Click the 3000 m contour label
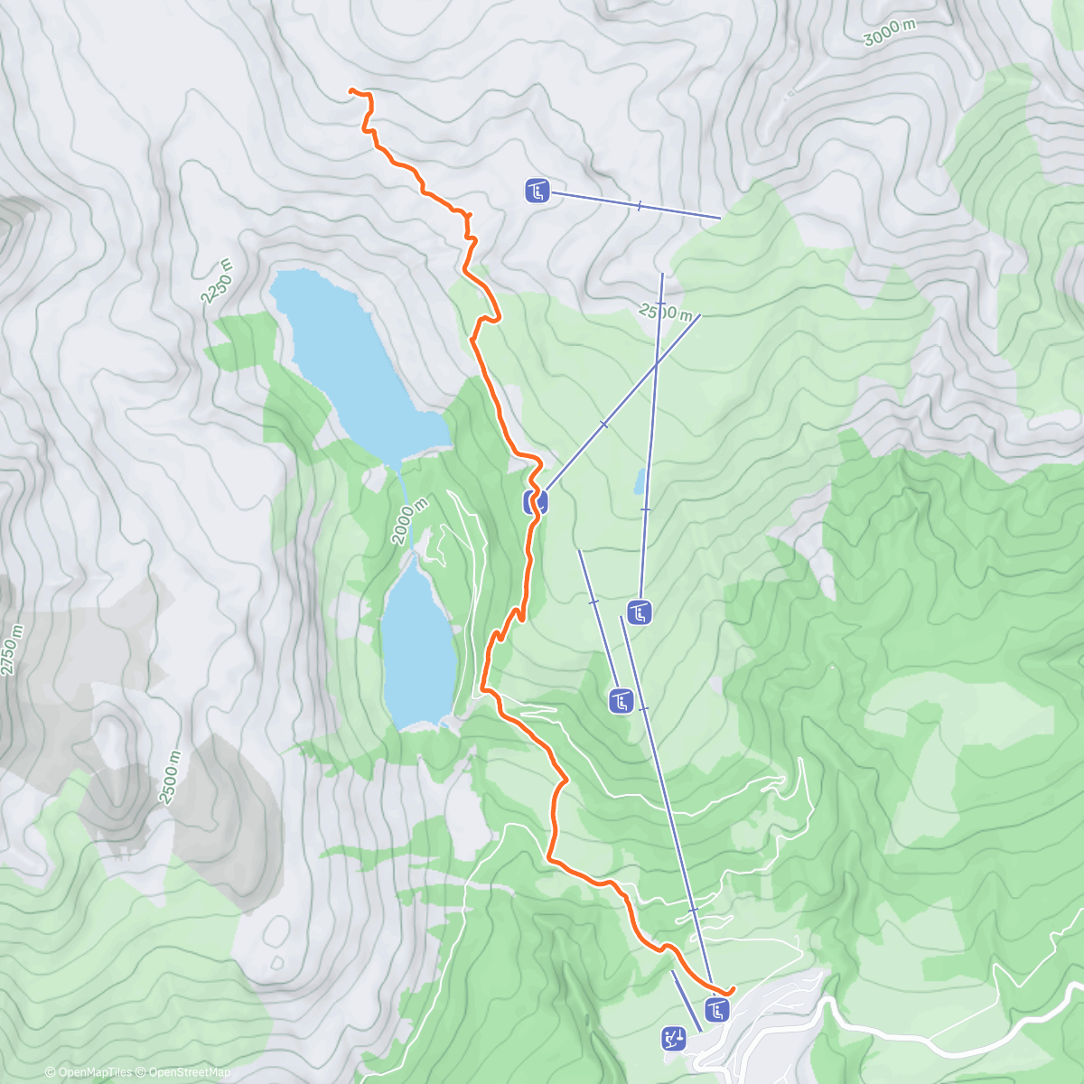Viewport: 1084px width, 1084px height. pyautogui.click(x=890, y=33)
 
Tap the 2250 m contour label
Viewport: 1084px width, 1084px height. pyautogui.click(x=218, y=281)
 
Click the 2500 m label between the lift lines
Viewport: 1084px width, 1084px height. pyautogui.click(x=666, y=312)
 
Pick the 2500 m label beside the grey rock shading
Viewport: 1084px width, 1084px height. pyautogui.click(x=170, y=777)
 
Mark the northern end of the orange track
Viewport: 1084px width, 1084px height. pyautogui.click(x=351, y=90)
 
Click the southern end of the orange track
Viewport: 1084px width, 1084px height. pyautogui.click(x=729, y=992)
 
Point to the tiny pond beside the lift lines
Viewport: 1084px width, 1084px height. pyautogui.click(x=640, y=481)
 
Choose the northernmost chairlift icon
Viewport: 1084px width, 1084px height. pyautogui.click(x=537, y=191)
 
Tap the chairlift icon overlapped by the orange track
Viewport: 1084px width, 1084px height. pyautogui.click(x=535, y=501)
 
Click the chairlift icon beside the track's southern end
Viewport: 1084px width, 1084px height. pyautogui.click(x=717, y=1009)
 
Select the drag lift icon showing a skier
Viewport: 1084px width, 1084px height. pyautogui.click(x=674, y=1039)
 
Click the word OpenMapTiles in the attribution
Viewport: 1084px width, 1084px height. pyautogui.click(x=94, y=1072)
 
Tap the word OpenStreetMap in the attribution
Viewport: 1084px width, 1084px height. pyautogui.click(x=189, y=1072)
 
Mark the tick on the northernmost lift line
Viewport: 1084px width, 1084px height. pyautogui.click(x=639, y=206)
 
